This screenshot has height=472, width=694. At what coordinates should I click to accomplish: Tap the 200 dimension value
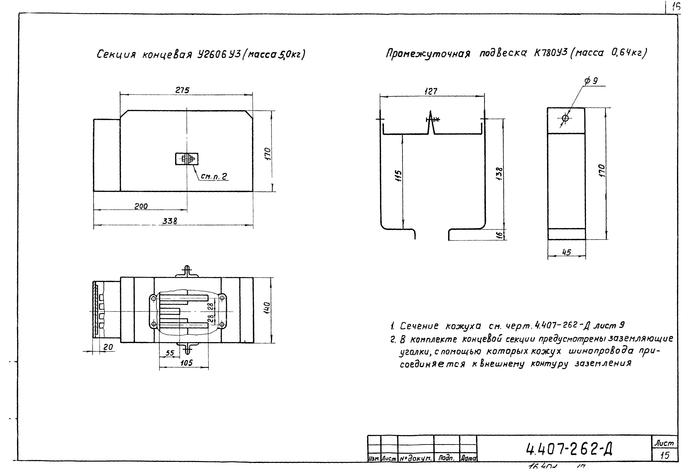point(141,206)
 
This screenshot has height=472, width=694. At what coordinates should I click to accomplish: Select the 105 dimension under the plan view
point(187,363)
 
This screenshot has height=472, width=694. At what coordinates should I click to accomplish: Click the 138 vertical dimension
point(499,173)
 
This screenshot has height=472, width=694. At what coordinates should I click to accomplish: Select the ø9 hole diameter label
point(591,81)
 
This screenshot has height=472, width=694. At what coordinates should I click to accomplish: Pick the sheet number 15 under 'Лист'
point(665,456)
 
